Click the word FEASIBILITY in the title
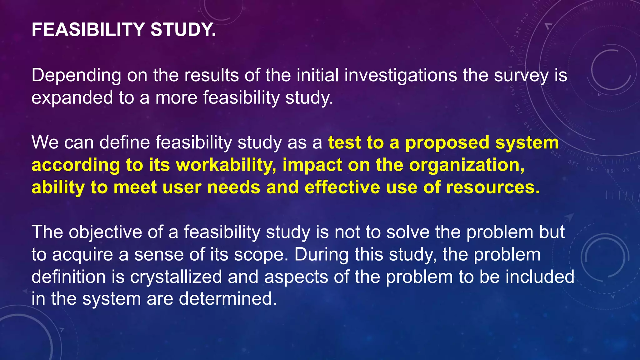pos(88,30)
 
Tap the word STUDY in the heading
pos(183,30)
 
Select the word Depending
pos(76,76)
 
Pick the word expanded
pos(72,97)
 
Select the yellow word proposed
pos(447,143)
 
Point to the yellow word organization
pos(467,165)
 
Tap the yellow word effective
pos(342,187)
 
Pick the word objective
pos(105,232)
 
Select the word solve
pos(408,232)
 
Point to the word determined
pos(228,299)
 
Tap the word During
pos(321,255)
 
